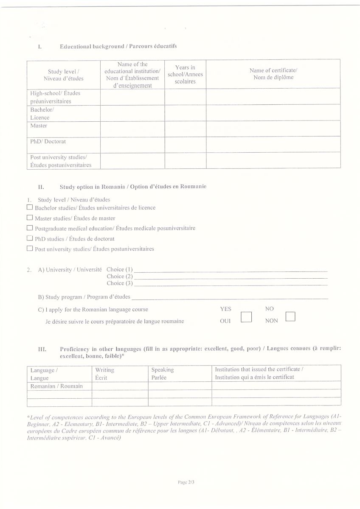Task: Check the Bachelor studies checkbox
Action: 30,207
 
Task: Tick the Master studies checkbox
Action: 30,218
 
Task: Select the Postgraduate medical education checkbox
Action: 30,228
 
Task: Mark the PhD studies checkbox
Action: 30,238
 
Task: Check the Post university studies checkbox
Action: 30,248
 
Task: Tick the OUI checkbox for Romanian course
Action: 246,317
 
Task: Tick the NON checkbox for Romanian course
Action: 290,316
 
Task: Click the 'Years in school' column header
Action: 185,74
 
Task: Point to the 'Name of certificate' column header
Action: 273,74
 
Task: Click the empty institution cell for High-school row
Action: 132,97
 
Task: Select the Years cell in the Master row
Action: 185,129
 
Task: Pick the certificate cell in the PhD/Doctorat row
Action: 273,144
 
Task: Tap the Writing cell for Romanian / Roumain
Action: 120,386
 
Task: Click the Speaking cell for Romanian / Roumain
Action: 180,386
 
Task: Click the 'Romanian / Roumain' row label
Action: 56,386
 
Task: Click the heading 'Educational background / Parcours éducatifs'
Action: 118,46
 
